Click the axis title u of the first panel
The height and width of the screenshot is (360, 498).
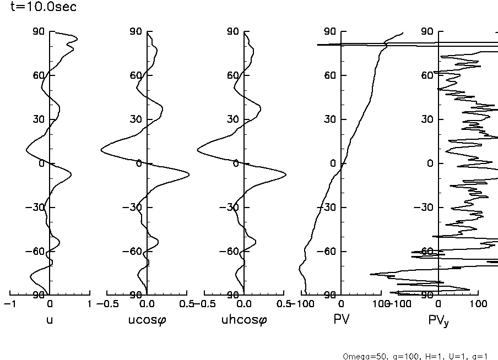tap(50, 319)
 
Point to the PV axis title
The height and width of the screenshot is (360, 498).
tap(342, 319)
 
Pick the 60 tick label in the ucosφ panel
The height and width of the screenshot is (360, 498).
tap(136, 75)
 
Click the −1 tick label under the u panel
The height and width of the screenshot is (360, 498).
tap(8, 303)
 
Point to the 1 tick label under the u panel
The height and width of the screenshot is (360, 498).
tap(89, 303)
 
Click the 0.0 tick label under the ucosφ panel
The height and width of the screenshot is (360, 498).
tap(147, 303)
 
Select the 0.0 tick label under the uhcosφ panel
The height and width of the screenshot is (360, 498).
tap(243, 303)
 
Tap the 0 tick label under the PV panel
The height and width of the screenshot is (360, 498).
tap(341, 303)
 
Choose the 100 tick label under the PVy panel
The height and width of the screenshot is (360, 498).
tap(478, 303)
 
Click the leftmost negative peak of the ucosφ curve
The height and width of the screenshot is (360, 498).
tap(101, 150)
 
